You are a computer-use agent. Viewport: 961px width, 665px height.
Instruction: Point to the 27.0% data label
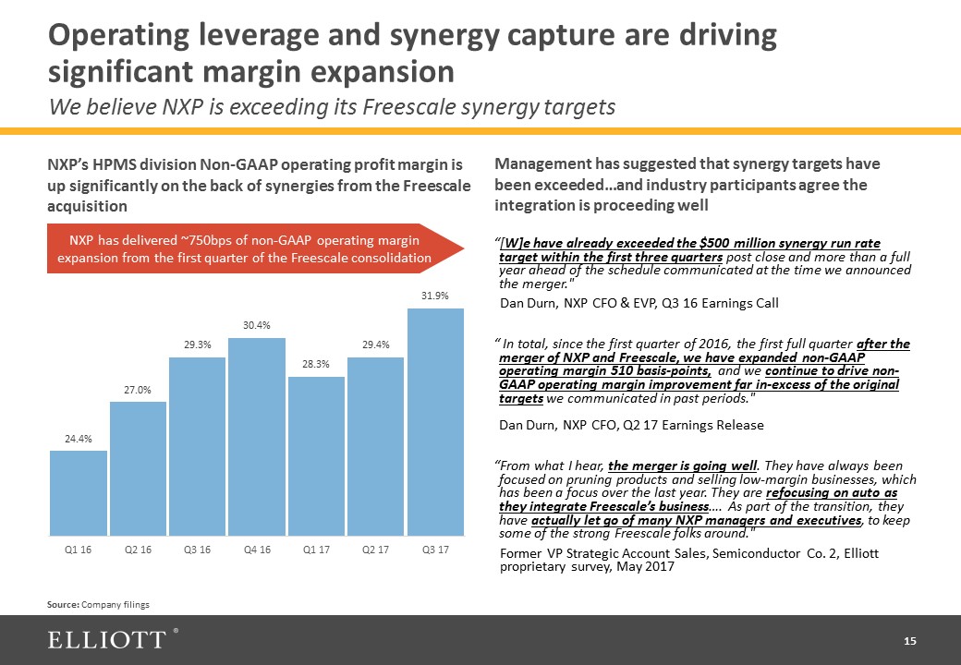pos(138,391)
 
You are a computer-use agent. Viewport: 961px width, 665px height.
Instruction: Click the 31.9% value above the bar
pos(435,296)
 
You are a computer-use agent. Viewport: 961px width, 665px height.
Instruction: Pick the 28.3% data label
pos(316,365)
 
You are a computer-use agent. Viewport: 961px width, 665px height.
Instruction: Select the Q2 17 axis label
pos(376,550)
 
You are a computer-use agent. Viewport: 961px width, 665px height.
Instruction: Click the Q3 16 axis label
pos(197,550)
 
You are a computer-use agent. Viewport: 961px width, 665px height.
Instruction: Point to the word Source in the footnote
pos(63,604)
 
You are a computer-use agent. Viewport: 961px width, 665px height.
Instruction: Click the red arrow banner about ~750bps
pos(245,248)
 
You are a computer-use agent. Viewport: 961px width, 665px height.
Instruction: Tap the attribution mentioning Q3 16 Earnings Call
pos(639,303)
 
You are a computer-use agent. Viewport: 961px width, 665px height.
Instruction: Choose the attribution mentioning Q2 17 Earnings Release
pos(631,425)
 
